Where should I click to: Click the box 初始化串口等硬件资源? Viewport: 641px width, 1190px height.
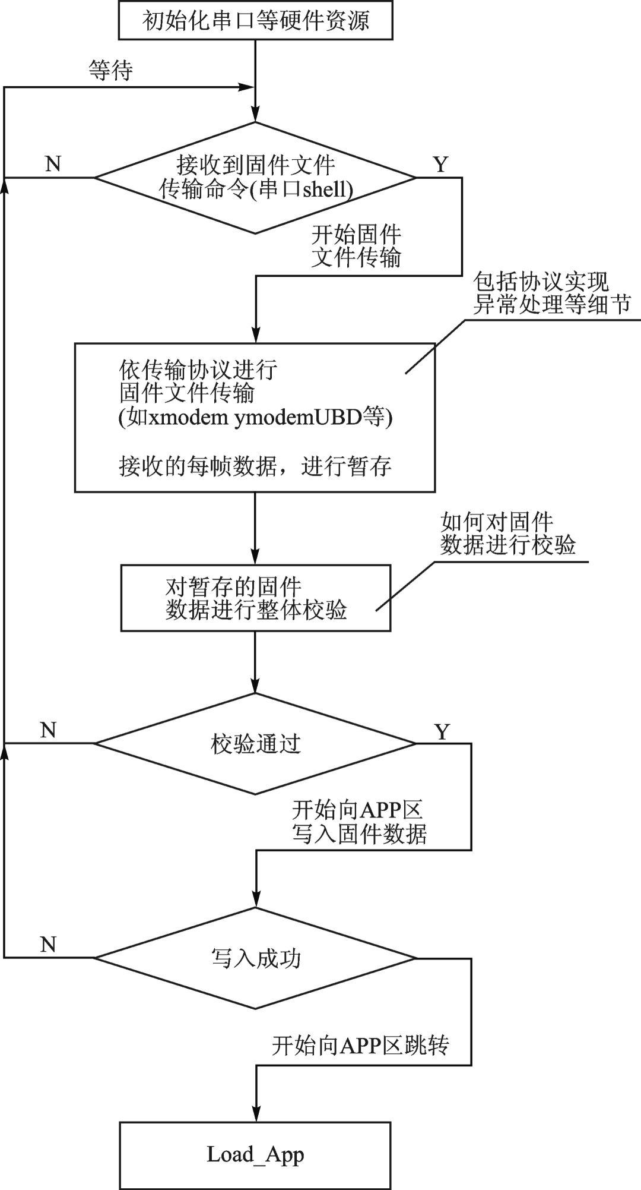coord(255,21)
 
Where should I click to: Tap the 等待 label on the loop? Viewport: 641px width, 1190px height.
coord(111,70)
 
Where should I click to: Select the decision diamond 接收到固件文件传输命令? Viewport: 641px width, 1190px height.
coord(255,178)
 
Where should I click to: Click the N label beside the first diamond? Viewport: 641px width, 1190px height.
coord(53,163)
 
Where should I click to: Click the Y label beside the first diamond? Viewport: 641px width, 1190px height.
coord(440,164)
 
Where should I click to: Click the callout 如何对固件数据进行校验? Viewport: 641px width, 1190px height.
coord(507,534)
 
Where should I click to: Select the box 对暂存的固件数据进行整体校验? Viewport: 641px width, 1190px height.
coord(255,598)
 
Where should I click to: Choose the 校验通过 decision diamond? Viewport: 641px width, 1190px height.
coord(255,743)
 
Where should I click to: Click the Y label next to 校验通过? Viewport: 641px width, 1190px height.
coord(442,731)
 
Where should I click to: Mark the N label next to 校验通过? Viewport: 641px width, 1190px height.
coord(48,730)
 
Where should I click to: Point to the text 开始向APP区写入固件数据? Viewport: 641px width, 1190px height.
coord(358,822)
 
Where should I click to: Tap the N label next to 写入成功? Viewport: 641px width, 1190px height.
coord(48,944)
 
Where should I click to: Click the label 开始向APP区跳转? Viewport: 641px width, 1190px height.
coord(360,1045)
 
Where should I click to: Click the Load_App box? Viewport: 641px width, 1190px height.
coord(255,1154)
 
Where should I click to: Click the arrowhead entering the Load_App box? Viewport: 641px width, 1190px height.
coord(256,1115)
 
